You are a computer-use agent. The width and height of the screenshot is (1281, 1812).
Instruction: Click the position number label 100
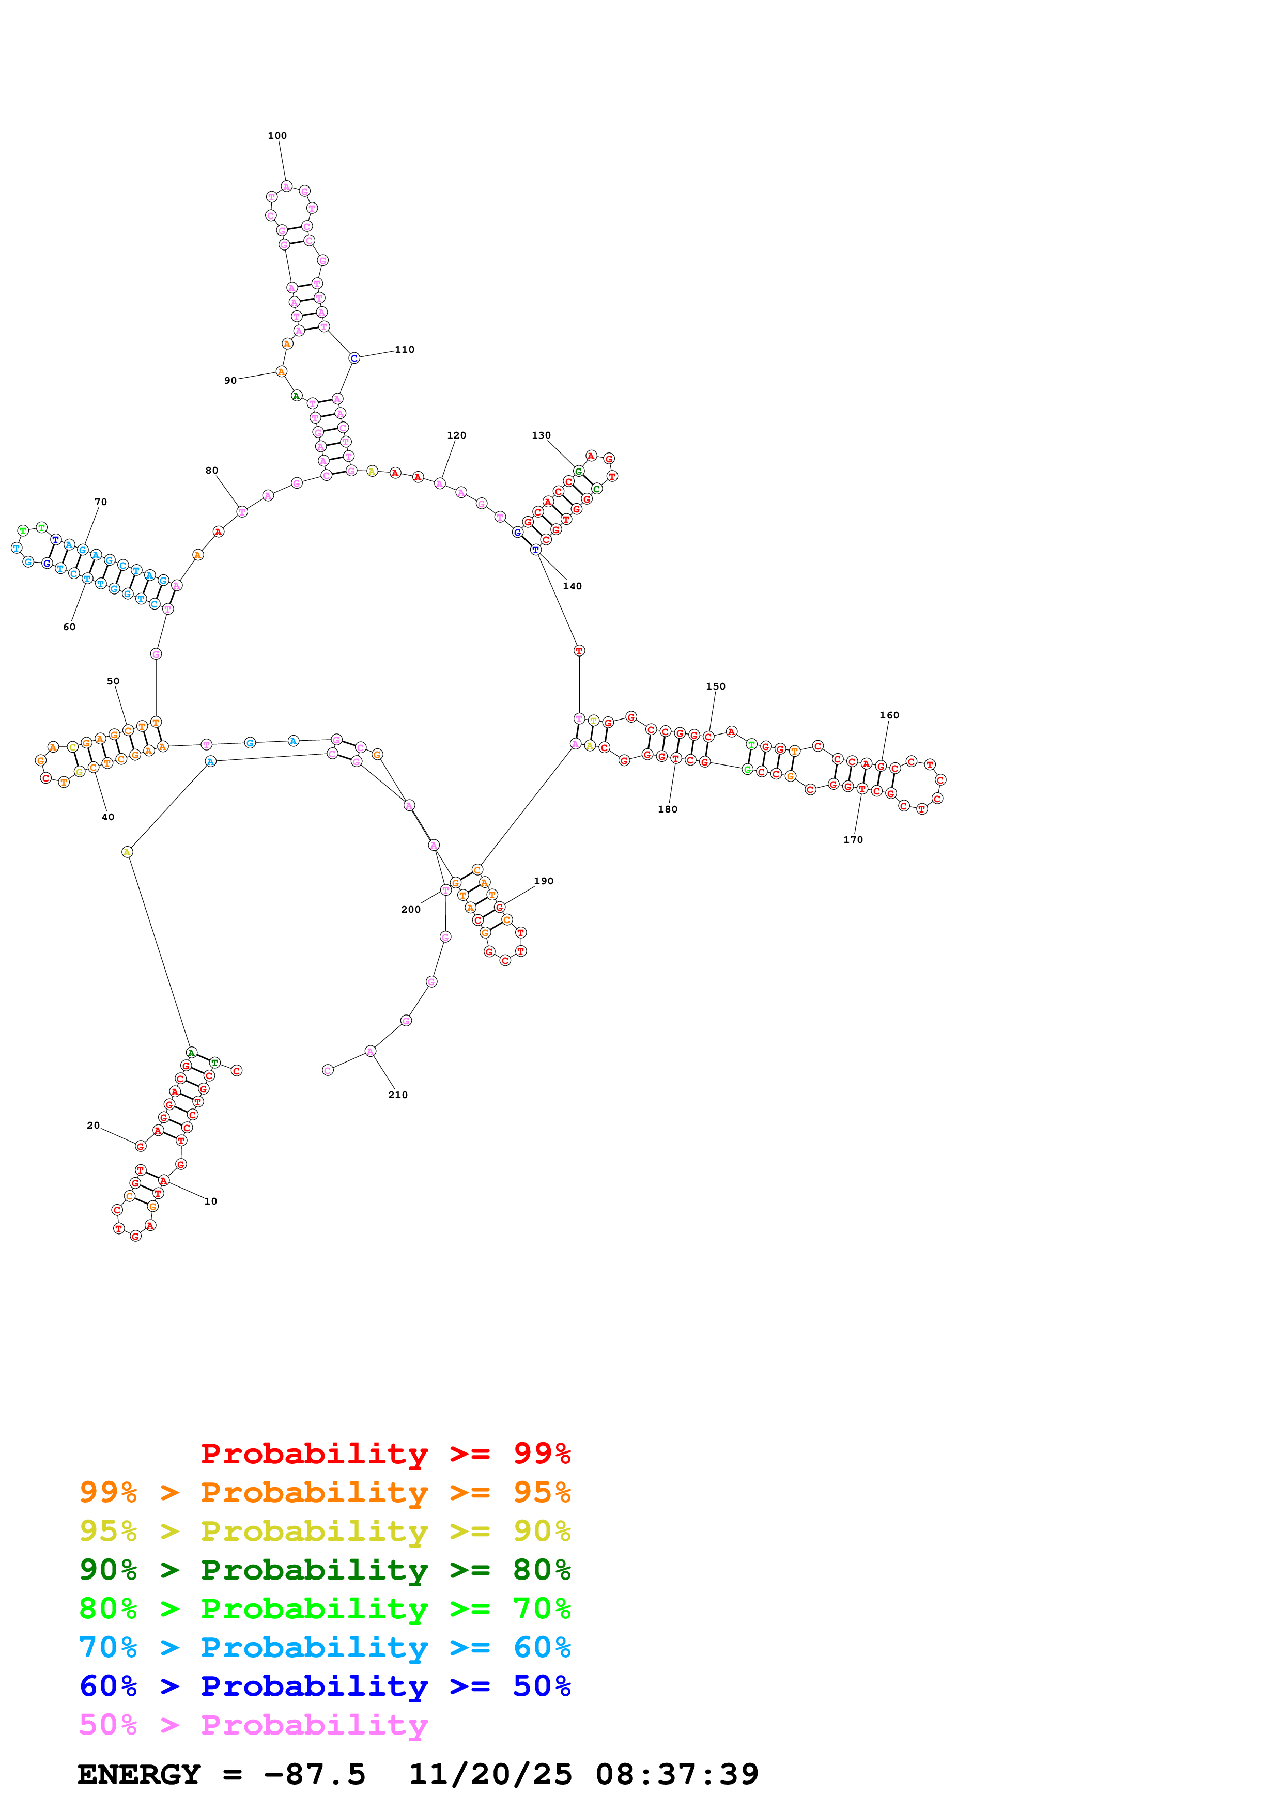[277, 136]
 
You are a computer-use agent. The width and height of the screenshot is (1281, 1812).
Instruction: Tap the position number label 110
[405, 350]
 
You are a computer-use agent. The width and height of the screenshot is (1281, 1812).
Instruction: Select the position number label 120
[456, 435]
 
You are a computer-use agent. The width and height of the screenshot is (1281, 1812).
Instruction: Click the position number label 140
[572, 586]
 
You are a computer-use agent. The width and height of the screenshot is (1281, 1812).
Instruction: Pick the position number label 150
[715, 686]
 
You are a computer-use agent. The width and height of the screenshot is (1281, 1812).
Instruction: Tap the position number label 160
[889, 716]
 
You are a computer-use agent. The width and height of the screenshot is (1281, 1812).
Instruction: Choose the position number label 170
[853, 840]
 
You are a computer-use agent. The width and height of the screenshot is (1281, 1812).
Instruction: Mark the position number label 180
[667, 810]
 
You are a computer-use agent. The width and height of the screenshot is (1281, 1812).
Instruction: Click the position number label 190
[543, 882]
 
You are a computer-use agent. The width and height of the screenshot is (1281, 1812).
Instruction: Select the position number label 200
[410, 910]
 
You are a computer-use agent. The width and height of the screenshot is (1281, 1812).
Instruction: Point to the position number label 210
[398, 1096]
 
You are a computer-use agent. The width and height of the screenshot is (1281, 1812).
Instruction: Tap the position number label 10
[211, 1202]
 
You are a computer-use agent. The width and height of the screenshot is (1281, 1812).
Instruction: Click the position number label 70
[100, 502]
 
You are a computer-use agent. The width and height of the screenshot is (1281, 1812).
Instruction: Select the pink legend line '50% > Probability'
[253, 1725]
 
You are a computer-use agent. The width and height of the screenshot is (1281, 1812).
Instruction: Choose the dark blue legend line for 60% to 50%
[325, 1686]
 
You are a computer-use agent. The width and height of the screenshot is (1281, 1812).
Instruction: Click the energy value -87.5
[314, 1775]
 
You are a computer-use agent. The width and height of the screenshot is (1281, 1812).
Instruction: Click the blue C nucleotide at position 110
[354, 358]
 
